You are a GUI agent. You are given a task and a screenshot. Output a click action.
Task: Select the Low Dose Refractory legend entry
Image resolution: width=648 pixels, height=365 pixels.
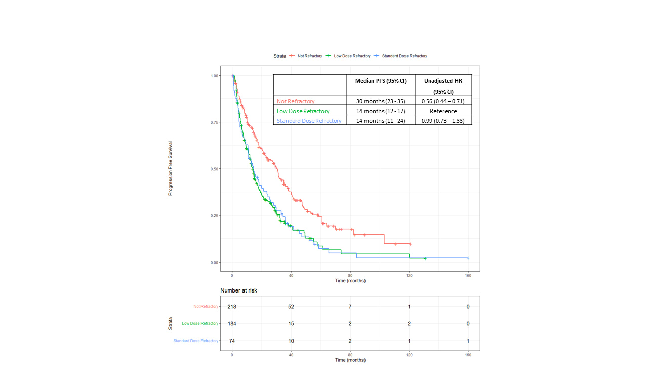352,56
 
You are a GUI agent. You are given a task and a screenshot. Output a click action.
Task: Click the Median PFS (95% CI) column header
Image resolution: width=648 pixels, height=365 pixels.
381,81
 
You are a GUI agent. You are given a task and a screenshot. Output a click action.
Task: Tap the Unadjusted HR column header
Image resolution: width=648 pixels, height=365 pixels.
443,81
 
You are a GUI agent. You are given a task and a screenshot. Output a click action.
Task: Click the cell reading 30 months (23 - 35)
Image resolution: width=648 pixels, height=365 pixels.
381,101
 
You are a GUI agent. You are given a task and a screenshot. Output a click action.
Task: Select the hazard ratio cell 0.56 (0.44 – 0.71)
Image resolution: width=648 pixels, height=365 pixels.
443,101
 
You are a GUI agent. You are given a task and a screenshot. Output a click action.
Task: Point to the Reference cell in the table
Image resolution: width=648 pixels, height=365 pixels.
443,111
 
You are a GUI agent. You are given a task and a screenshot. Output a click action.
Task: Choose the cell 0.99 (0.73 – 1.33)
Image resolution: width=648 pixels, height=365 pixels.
443,121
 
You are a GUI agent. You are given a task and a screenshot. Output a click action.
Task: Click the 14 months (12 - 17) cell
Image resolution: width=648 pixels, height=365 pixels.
381,111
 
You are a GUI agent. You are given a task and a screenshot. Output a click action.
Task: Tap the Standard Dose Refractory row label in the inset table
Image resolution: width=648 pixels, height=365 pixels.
309,121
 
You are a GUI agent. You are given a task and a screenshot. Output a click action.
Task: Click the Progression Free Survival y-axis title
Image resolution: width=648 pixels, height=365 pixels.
171,168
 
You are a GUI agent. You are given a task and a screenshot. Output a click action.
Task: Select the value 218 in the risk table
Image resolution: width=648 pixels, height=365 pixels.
232,307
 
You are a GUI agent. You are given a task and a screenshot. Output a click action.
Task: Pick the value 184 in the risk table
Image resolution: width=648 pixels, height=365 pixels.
232,324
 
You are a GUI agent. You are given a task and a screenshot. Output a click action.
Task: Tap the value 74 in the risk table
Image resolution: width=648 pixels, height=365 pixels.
232,341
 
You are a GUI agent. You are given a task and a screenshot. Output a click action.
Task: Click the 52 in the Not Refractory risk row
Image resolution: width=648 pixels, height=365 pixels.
291,307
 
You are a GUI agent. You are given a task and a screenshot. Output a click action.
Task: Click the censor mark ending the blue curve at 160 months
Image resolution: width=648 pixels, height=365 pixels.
468,258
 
